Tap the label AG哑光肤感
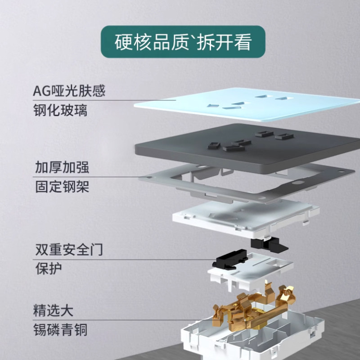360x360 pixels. pos(69,91)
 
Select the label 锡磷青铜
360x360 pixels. pos(60,330)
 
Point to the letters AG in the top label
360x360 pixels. pos(40,92)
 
